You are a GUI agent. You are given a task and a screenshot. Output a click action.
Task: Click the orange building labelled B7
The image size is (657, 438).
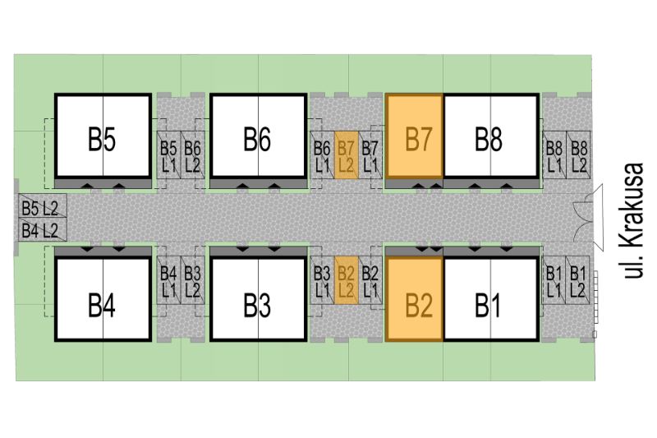point(415,136)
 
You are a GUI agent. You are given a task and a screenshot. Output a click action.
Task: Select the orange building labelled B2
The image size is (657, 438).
point(415,299)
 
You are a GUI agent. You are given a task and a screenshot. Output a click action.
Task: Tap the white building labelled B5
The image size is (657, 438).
point(103,136)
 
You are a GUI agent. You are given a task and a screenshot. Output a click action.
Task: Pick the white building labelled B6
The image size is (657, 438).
point(259,136)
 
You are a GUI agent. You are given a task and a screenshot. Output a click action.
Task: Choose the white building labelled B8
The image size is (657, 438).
point(491,136)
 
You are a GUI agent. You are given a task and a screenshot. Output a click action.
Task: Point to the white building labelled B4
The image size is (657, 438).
point(103,299)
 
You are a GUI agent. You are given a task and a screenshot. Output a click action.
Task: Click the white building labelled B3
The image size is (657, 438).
point(259,299)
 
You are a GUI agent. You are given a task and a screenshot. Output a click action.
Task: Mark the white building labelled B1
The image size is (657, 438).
point(491,299)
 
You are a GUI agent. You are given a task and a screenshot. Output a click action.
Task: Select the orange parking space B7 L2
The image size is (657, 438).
point(346,155)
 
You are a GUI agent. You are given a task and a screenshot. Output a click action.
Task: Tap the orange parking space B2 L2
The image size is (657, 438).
point(346,280)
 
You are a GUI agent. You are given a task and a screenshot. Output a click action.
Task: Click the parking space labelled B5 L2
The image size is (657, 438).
point(43,205)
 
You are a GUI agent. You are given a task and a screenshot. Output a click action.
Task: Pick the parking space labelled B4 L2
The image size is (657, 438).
point(43,230)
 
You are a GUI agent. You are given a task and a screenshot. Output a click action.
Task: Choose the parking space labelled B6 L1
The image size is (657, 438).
point(322,155)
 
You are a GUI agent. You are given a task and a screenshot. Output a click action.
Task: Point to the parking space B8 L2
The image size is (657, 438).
point(578,155)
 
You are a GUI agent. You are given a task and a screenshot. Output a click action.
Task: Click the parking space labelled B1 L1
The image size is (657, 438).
point(554,280)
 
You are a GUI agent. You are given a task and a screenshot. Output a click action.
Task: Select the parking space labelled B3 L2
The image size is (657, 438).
point(193,280)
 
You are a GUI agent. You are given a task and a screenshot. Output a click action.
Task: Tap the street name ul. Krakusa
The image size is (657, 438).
point(632,220)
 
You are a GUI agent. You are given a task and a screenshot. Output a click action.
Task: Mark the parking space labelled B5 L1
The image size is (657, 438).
point(169,155)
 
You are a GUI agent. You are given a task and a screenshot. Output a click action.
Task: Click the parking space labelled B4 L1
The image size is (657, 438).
point(169,280)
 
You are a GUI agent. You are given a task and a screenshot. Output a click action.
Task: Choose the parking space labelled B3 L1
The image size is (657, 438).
point(322,280)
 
